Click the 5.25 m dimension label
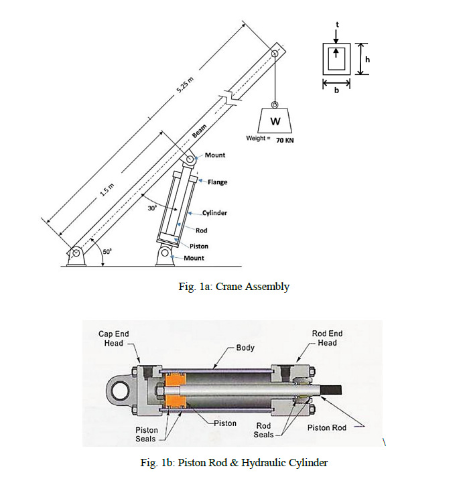(186, 86)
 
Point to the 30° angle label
(152, 208)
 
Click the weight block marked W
(275, 122)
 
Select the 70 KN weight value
(285, 141)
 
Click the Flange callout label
(217, 182)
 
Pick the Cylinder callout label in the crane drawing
(214, 213)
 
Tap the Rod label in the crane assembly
(201, 230)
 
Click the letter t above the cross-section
(337, 24)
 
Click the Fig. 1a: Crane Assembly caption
(231, 287)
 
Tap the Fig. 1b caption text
(232, 462)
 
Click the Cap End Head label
(114, 338)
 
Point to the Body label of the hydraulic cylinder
(245, 348)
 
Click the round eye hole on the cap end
(123, 389)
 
